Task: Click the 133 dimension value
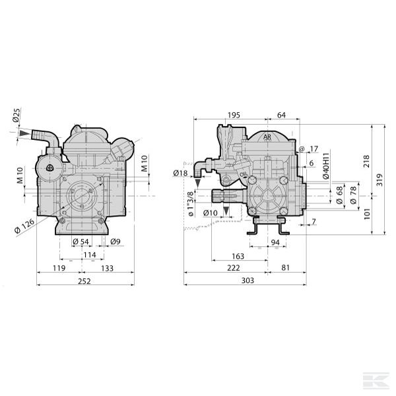[x=108, y=269]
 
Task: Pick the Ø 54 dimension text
[x=80, y=241]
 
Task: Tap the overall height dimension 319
[x=379, y=179]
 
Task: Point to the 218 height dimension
[x=366, y=160]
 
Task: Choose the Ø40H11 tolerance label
[x=325, y=166]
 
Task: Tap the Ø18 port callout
[x=180, y=173]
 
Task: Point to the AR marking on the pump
[x=267, y=137]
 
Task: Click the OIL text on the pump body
[x=245, y=175]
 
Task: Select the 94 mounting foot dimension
[x=275, y=243]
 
